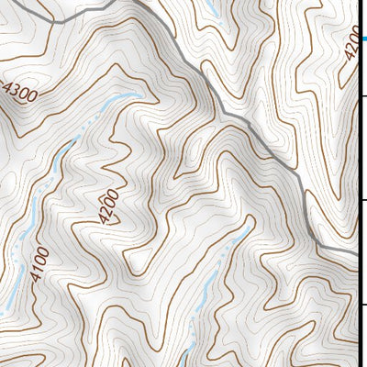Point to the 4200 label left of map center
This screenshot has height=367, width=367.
107,206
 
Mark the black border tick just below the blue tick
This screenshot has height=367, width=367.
363,95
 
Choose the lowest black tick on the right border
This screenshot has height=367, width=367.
363,306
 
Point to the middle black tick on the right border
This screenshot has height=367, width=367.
363,200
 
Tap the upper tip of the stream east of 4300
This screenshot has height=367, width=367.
139,95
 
